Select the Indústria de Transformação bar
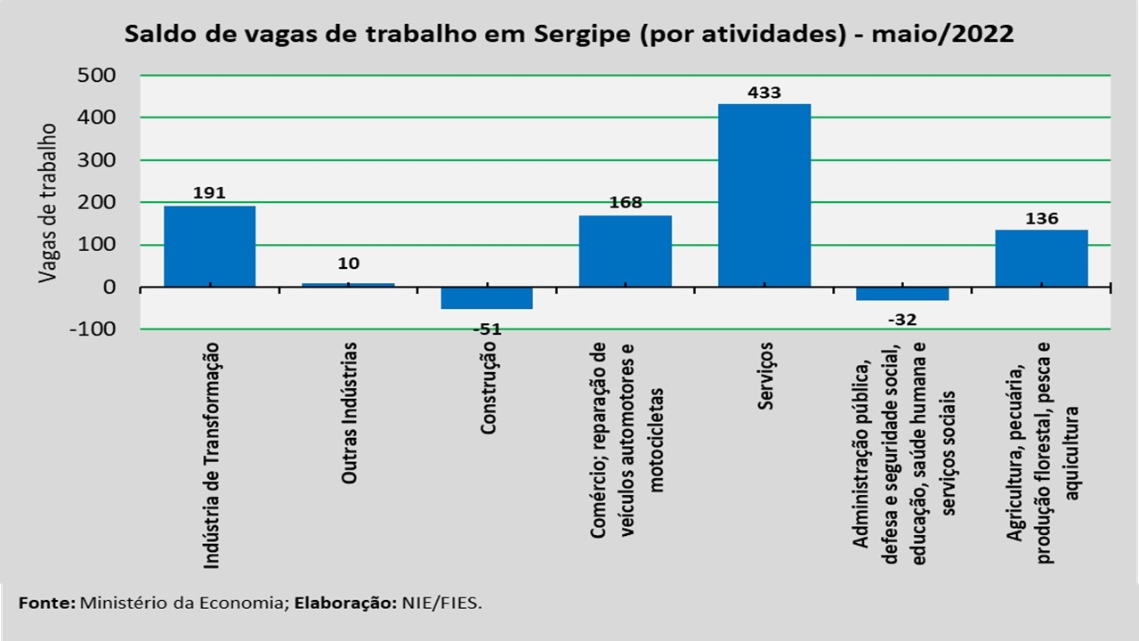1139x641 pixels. pyautogui.click(x=210, y=247)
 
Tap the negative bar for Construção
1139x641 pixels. pyautogui.click(x=487, y=298)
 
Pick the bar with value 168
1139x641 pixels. pyautogui.click(x=626, y=251)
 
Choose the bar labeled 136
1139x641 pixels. pyautogui.click(x=1041, y=258)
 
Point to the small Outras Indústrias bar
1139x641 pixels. pyautogui.click(x=348, y=285)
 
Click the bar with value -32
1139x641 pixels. pyautogui.click(x=902, y=294)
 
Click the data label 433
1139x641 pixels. pyautogui.click(x=764, y=93)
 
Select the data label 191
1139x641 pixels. pyautogui.click(x=209, y=193)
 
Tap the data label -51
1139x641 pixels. pyautogui.click(x=486, y=329)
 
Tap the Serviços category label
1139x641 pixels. pyautogui.click(x=766, y=376)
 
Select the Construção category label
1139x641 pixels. pyautogui.click(x=488, y=390)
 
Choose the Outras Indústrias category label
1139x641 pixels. pyautogui.click(x=351, y=413)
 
